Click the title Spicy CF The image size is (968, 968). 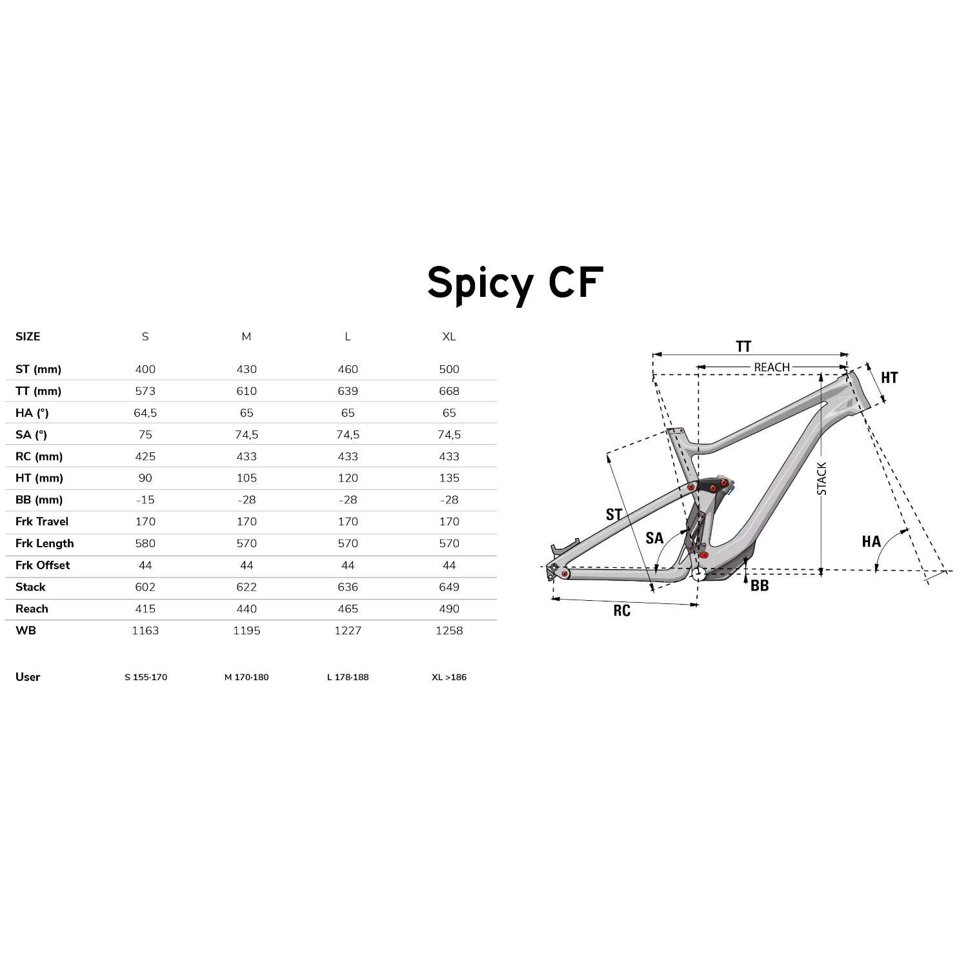(x=515, y=283)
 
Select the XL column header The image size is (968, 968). (x=449, y=337)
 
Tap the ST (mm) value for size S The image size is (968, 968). (x=145, y=369)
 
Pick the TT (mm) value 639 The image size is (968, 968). (x=348, y=391)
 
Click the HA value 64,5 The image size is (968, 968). (x=145, y=413)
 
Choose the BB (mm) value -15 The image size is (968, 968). (x=145, y=500)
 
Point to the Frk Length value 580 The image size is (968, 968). (x=145, y=543)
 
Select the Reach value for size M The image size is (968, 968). (x=247, y=609)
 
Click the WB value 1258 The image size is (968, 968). (x=449, y=630)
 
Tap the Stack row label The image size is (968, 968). (x=30, y=587)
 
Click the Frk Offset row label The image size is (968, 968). (x=43, y=565)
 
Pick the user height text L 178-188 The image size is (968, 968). (x=348, y=677)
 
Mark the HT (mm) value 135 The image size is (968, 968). (x=449, y=478)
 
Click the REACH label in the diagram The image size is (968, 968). (x=772, y=367)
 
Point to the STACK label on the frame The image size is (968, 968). (x=822, y=478)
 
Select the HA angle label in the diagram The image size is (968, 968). (x=871, y=541)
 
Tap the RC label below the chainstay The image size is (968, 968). (x=621, y=610)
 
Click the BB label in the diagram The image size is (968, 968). (x=760, y=585)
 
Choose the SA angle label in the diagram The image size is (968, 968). (x=654, y=538)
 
